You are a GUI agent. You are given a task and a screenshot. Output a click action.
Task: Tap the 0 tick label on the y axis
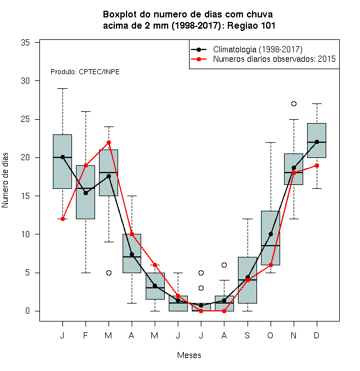click(x=28, y=311)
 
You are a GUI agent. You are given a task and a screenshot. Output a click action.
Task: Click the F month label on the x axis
click(x=85, y=335)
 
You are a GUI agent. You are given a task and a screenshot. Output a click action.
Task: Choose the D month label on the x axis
click(x=317, y=335)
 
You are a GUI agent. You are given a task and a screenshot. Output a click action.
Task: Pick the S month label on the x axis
click(x=247, y=335)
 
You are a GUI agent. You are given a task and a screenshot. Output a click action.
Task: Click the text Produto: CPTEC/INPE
click(x=85, y=72)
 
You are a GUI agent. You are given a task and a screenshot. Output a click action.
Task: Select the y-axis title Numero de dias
click(x=5, y=180)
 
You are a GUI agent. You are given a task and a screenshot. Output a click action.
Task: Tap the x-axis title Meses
click(x=189, y=355)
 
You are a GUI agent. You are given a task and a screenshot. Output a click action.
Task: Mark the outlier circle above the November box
click(x=294, y=103)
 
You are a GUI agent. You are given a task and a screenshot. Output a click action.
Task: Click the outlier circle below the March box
click(x=109, y=273)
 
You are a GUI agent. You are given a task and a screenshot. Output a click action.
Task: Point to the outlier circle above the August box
click(x=224, y=265)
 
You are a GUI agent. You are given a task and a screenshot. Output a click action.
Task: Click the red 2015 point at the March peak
click(x=109, y=142)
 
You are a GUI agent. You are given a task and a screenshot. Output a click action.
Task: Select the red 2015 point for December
click(x=317, y=165)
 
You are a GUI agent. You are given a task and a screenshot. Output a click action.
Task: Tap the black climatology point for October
click(x=271, y=234)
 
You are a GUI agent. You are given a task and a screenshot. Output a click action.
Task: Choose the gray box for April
click(x=132, y=254)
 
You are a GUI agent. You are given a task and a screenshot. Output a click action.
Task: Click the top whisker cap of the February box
click(x=85, y=111)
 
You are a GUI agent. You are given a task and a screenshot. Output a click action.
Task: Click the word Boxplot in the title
click(x=120, y=15)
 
